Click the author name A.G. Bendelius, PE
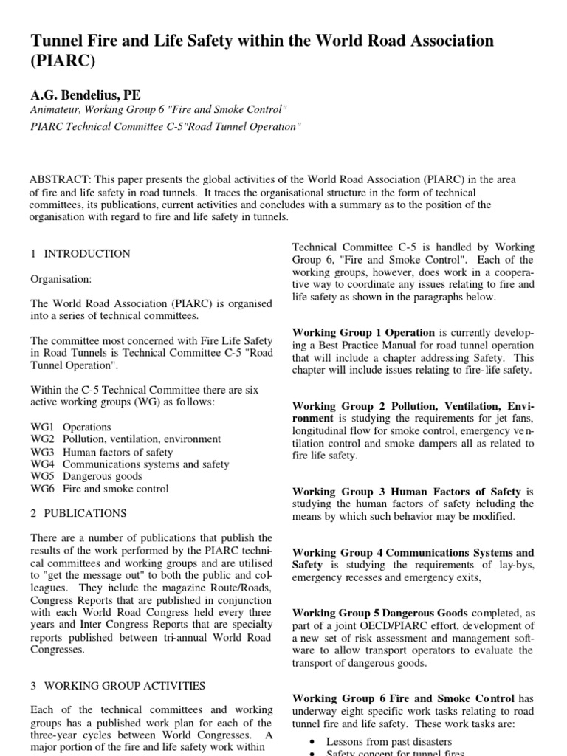click(x=85, y=95)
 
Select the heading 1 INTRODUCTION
click(x=80, y=254)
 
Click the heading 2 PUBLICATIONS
click(x=78, y=513)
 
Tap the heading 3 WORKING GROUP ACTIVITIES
click(x=118, y=686)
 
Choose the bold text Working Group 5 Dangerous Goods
click(x=380, y=613)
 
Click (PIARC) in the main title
click(x=63, y=62)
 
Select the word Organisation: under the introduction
click(x=60, y=279)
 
